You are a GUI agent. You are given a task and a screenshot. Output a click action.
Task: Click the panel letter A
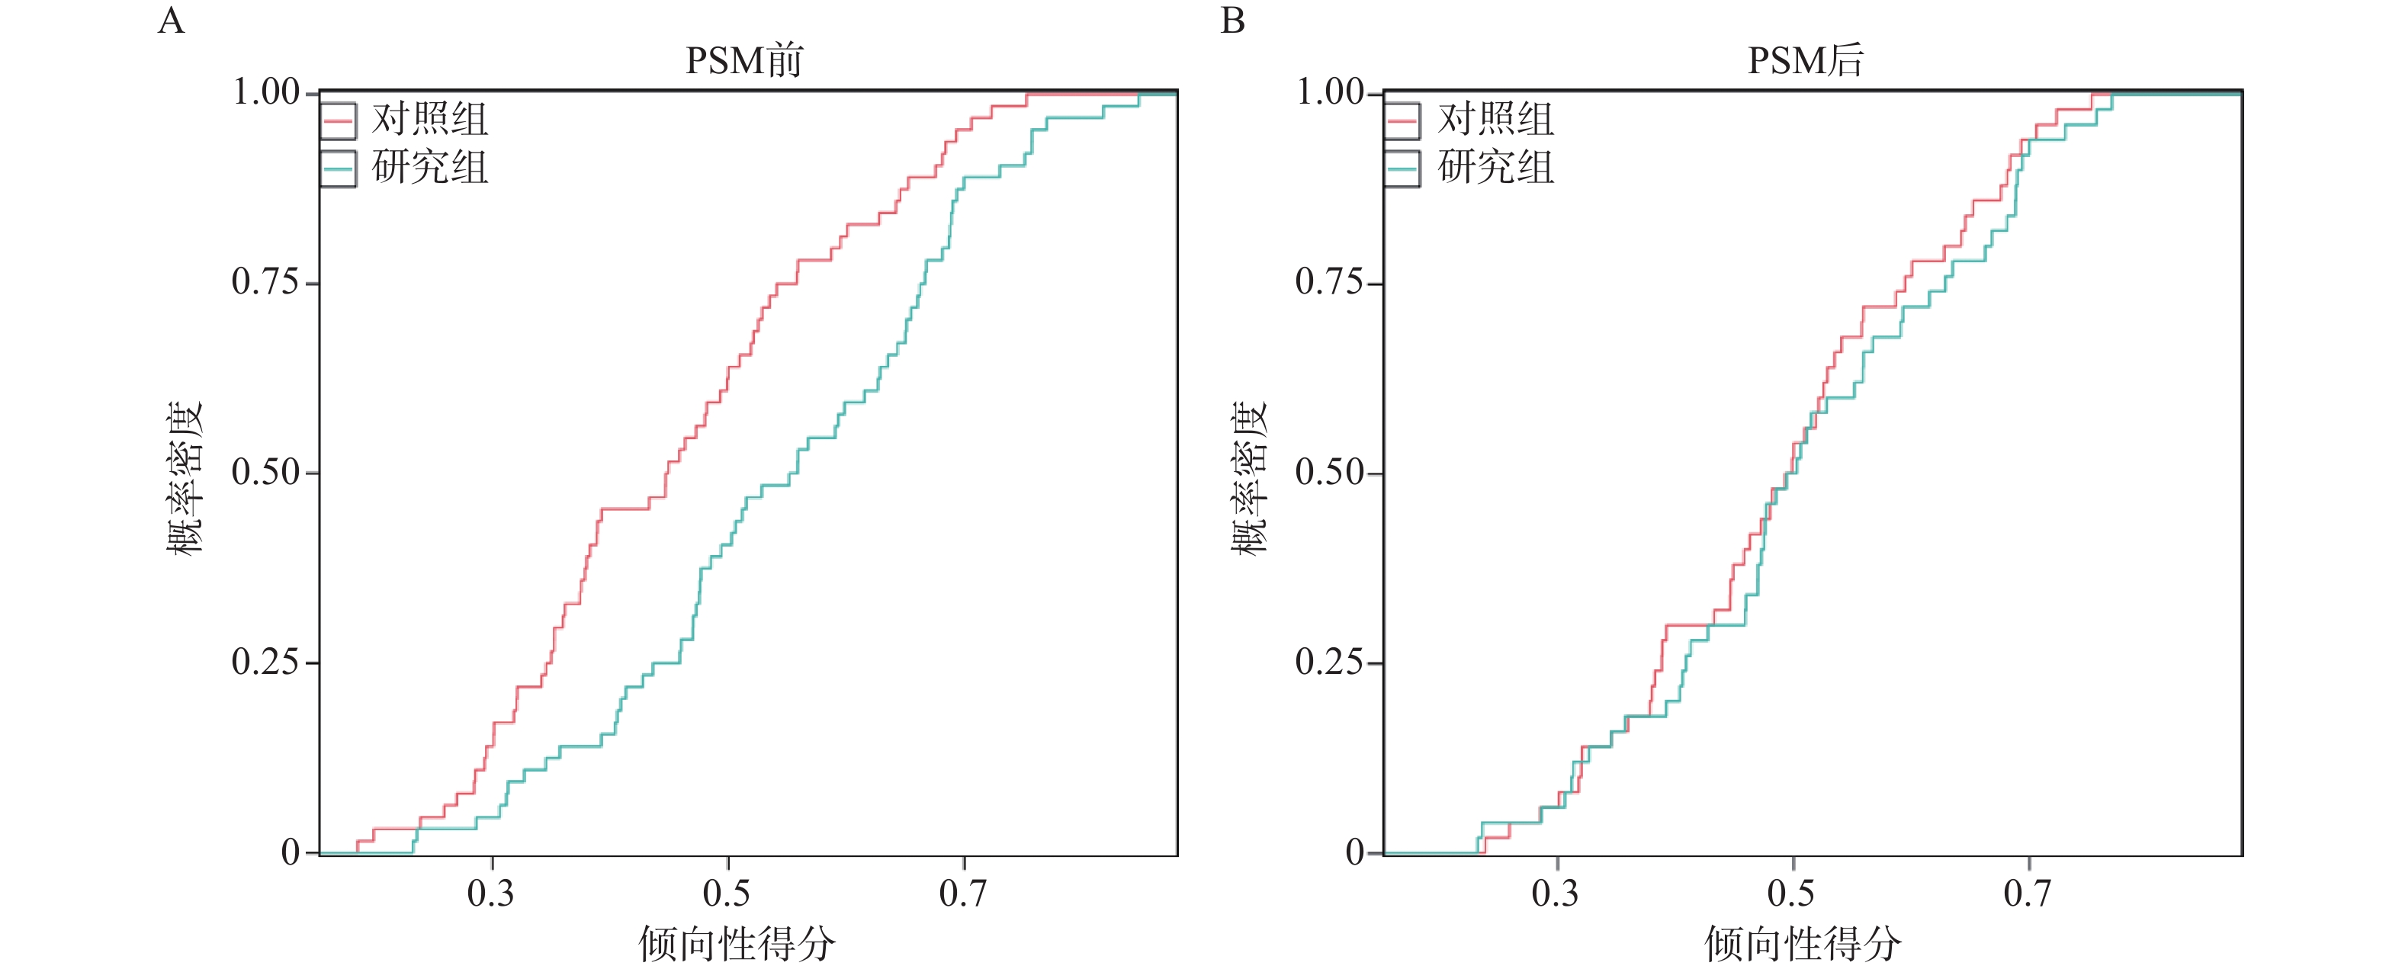tap(171, 21)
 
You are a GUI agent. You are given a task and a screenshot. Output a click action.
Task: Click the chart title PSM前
tap(743, 61)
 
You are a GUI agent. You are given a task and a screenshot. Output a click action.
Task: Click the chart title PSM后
tap(1805, 61)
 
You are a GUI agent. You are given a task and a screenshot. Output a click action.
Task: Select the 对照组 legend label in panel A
tap(430, 120)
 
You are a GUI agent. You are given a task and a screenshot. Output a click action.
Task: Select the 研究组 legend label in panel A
tap(430, 168)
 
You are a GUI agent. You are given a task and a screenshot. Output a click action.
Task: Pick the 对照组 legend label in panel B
tap(1495, 120)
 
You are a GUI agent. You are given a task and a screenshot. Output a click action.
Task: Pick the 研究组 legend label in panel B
tap(1495, 168)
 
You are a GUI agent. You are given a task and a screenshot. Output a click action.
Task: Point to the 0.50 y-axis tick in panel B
tap(1329, 472)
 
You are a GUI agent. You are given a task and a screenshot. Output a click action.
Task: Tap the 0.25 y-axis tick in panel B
tap(1329, 663)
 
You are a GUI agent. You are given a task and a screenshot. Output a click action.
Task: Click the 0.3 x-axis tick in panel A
tap(490, 894)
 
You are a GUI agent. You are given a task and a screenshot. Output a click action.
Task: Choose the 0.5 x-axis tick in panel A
tap(727, 894)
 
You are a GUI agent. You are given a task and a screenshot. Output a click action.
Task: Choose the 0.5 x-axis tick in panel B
tap(1791, 894)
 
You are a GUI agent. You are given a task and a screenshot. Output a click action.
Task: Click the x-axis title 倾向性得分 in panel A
tap(737, 944)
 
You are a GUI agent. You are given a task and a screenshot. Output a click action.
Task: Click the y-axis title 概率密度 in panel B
tap(1248, 477)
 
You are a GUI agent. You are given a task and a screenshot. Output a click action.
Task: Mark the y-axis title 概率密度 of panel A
tap(185, 477)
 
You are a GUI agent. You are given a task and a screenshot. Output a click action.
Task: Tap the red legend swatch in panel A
tap(338, 120)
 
